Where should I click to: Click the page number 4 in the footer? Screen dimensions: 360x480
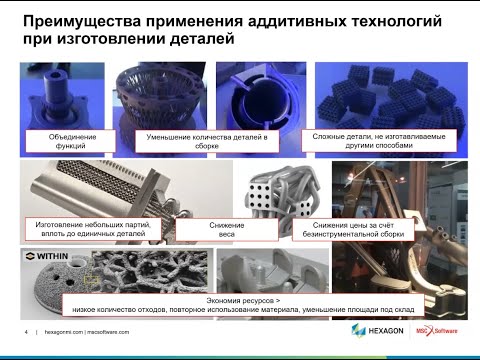[x=25, y=332]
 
